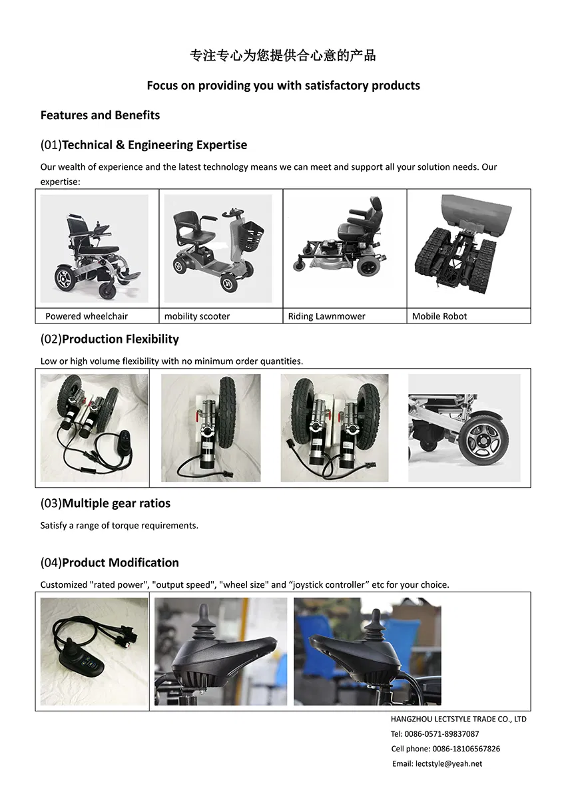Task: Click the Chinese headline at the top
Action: coord(283,56)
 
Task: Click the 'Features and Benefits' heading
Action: coord(100,115)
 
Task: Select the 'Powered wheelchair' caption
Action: coord(87,316)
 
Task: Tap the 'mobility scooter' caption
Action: coord(197,316)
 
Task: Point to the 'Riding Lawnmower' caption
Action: coord(326,316)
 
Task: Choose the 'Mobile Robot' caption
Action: coord(439,316)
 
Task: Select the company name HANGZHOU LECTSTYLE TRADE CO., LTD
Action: coord(458,719)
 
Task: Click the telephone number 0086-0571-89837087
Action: coord(442,734)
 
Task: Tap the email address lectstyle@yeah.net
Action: coord(447,763)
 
